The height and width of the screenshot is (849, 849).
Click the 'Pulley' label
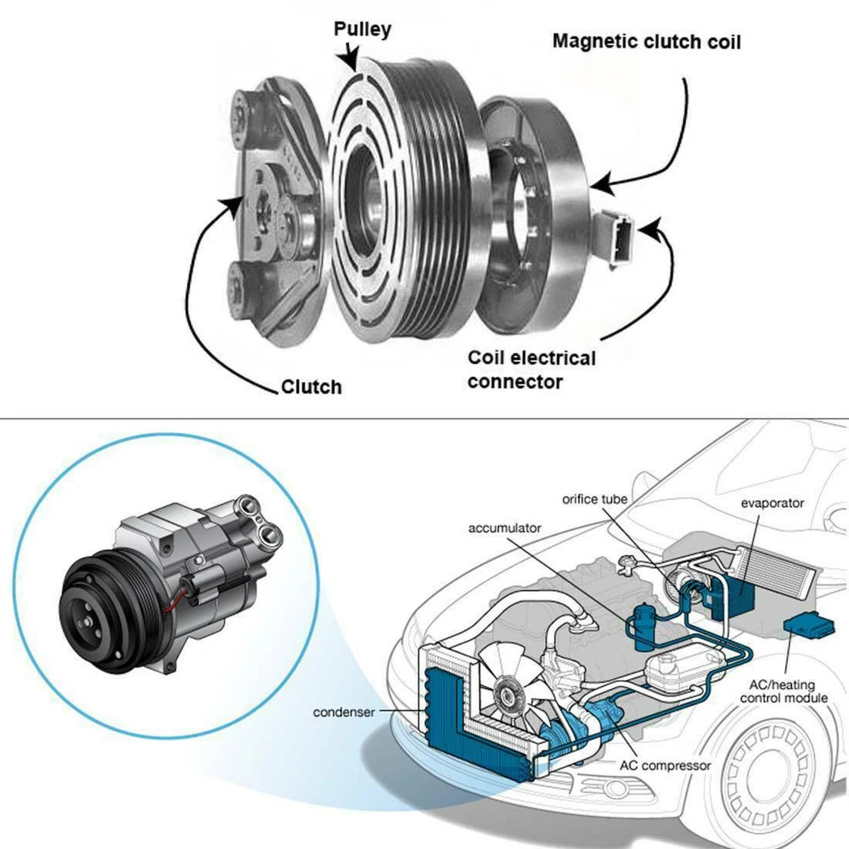[x=362, y=30]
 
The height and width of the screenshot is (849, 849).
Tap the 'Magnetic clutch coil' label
[x=646, y=41]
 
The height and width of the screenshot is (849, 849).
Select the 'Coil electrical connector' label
[x=531, y=369]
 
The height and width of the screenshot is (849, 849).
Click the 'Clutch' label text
[x=312, y=387]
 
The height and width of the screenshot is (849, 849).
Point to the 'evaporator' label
[x=771, y=503]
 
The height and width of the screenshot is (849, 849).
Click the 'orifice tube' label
[x=595, y=498]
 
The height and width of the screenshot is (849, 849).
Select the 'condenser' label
[x=343, y=712]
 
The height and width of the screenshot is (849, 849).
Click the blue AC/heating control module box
[x=807, y=627]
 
